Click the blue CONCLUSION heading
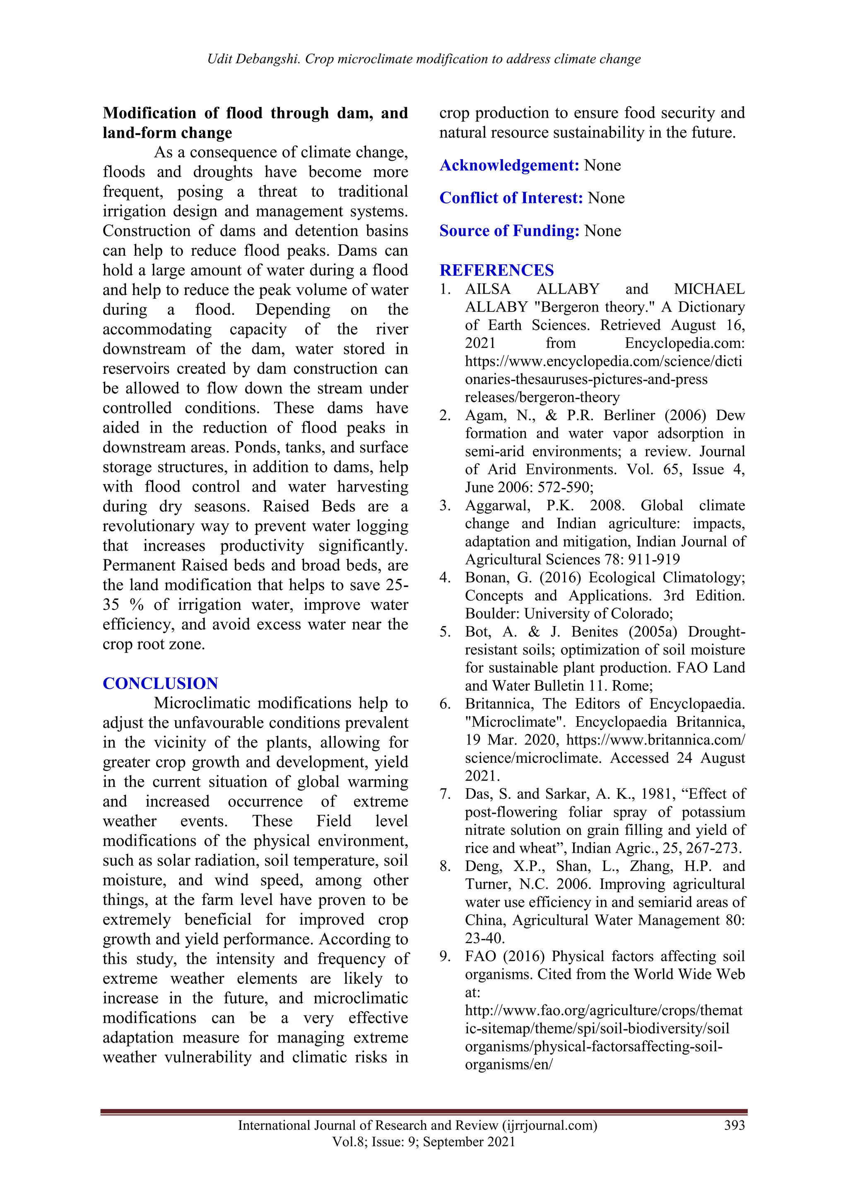(x=160, y=683)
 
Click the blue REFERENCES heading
(x=496, y=270)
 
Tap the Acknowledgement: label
(x=509, y=165)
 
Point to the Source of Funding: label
(x=509, y=231)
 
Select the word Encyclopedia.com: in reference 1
(x=684, y=344)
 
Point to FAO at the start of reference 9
(x=480, y=956)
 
